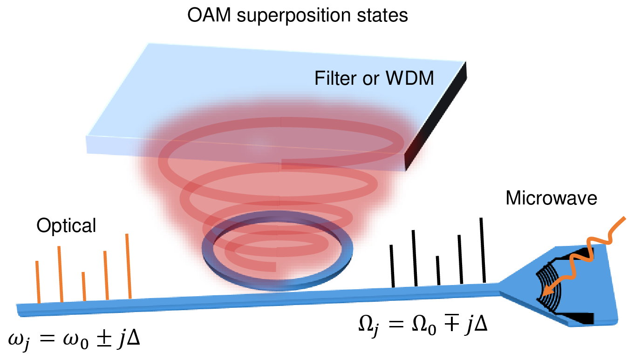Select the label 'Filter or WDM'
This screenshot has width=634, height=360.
[374, 78]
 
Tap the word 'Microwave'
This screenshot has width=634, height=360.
[552, 199]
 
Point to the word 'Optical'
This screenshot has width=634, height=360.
[67, 226]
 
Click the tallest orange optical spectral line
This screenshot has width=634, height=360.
[128, 265]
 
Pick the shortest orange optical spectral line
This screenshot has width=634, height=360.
[84, 286]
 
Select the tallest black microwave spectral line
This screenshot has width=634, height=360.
[483, 250]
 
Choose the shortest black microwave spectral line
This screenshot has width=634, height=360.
[438, 270]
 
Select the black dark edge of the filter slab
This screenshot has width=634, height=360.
[436, 116]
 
